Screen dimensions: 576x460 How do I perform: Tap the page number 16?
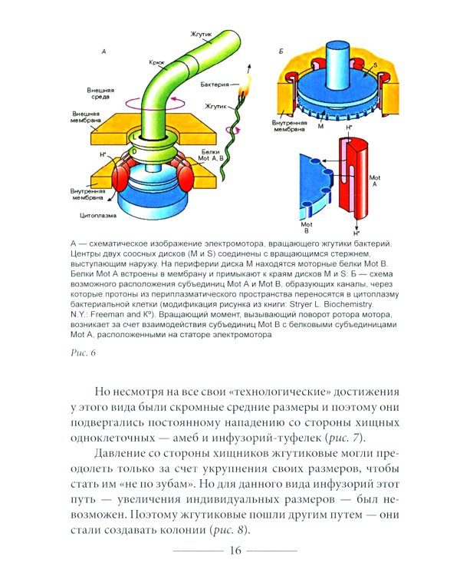tap(235, 551)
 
